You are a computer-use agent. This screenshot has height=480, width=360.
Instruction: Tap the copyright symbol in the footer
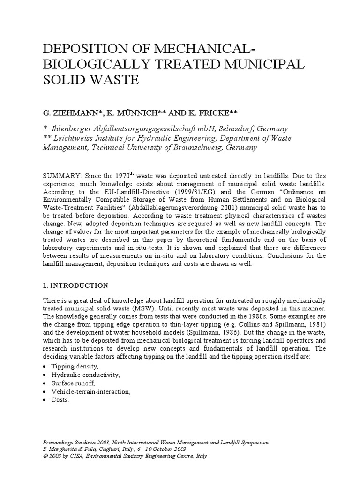point(45,456)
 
